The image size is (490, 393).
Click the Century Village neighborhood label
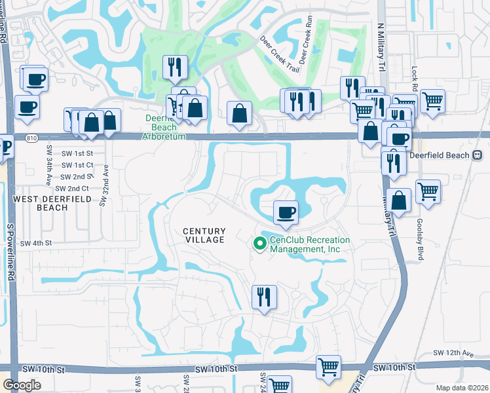[x=204, y=235]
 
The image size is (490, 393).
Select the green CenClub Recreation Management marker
[x=259, y=244]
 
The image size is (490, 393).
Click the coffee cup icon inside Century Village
[x=285, y=212]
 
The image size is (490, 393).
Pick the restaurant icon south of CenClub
[x=264, y=297]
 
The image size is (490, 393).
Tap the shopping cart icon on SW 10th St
[x=328, y=367]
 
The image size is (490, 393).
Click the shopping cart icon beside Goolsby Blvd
[x=428, y=192]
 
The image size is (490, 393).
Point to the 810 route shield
[x=30, y=137]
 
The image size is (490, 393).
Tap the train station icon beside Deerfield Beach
[x=477, y=155]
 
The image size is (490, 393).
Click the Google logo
[x=22, y=384]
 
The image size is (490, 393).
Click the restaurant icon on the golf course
[x=175, y=66]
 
